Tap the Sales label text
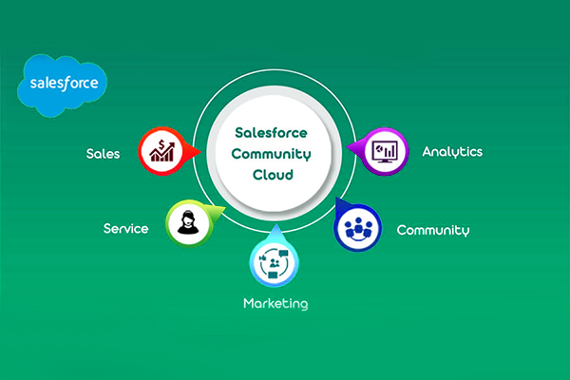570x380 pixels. point(102,153)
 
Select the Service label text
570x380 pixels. point(125,229)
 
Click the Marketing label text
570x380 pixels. point(275,304)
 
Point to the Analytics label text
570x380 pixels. point(452,151)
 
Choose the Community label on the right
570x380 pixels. point(432,230)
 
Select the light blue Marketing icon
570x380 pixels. point(274,262)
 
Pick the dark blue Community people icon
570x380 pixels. point(359,228)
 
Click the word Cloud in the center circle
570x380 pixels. point(274,176)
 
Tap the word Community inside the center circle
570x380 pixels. point(274,154)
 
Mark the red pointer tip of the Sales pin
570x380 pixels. point(198,151)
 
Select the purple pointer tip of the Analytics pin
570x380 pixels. point(350,149)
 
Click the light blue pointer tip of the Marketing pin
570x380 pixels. point(274,228)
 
